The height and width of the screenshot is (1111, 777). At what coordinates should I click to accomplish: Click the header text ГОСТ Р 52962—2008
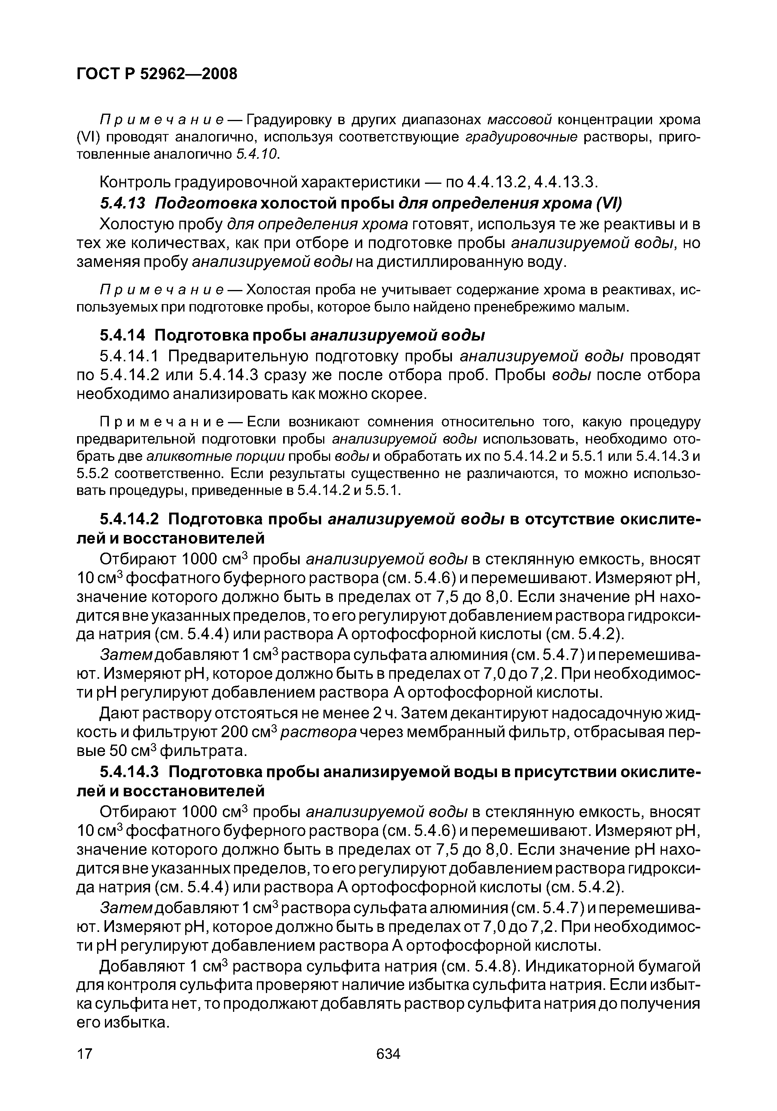click(157, 74)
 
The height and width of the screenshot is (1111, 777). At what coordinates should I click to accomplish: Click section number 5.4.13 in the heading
click(122, 203)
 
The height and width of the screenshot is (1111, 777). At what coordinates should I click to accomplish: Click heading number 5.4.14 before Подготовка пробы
click(122, 335)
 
